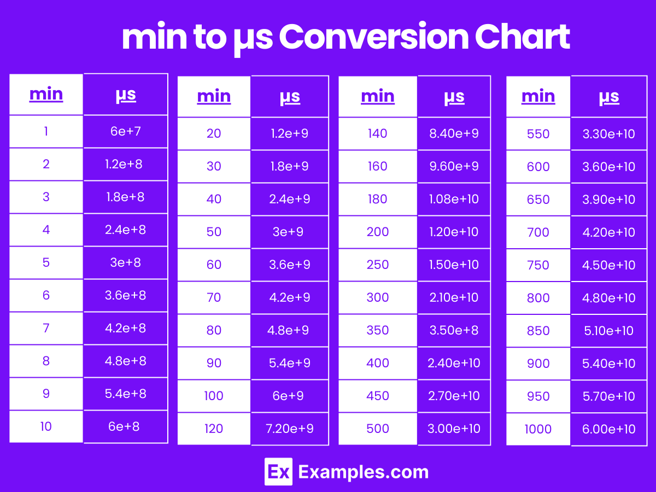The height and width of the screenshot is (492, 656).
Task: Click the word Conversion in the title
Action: [x=373, y=37]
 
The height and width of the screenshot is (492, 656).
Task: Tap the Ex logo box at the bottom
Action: [x=278, y=472]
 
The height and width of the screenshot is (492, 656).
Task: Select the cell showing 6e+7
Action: [x=126, y=131]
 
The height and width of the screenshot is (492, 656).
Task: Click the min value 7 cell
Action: [x=46, y=329]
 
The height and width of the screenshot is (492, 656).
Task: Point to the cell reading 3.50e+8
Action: [x=454, y=330]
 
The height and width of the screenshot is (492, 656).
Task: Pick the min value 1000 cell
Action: [x=538, y=429]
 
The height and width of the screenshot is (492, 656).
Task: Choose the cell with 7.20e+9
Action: [x=290, y=429]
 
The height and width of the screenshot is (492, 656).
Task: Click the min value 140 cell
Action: [x=378, y=133]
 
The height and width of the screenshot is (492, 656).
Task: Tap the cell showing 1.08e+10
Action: [x=454, y=199]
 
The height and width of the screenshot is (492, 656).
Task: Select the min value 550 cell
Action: [x=538, y=134]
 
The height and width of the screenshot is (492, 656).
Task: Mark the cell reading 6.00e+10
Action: [x=609, y=429]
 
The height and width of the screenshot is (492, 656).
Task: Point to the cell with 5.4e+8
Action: [x=126, y=394]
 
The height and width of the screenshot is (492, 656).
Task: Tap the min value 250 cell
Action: [x=378, y=265]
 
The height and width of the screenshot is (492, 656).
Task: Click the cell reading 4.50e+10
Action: [x=609, y=265]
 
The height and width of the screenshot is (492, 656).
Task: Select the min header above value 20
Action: [x=214, y=97]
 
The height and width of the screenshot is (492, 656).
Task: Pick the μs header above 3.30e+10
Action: [x=609, y=97]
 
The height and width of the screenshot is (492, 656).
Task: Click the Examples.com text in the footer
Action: [x=364, y=472]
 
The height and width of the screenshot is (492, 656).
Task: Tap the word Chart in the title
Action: [x=523, y=37]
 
